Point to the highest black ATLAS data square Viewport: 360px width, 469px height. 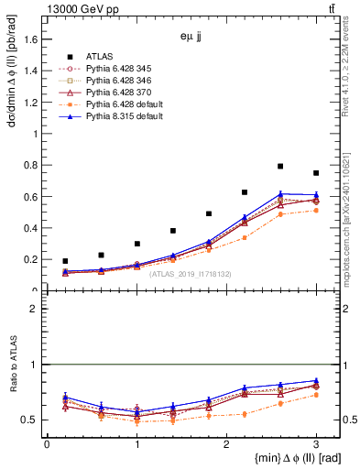(x=280, y=166)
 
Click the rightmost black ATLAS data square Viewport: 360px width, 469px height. (x=316, y=173)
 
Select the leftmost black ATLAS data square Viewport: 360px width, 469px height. (x=65, y=261)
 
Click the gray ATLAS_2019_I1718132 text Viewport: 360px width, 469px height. (x=191, y=273)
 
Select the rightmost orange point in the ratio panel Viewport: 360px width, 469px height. (x=316, y=395)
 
